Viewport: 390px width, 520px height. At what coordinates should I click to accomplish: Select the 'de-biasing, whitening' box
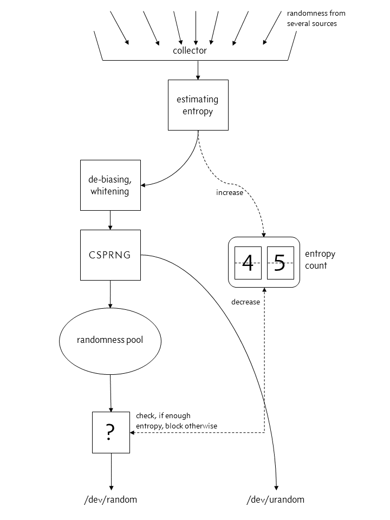(x=110, y=185)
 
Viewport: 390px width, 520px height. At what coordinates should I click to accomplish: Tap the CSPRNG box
(x=110, y=255)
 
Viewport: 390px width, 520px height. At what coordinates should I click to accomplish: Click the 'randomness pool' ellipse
(x=110, y=340)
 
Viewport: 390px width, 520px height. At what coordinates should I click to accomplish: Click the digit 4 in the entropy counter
(x=248, y=263)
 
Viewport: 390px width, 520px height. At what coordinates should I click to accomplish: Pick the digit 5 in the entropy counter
(x=280, y=263)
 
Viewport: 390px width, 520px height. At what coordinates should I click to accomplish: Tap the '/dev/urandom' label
(x=275, y=499)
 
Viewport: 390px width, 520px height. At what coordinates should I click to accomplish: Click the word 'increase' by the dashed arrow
(x=230, y=192)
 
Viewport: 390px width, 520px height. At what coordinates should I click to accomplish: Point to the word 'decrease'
(x=245, y=302)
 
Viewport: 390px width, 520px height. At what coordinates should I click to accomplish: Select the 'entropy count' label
(x=320, y=259)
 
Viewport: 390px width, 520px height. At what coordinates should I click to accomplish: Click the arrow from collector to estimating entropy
(x=198, y=70)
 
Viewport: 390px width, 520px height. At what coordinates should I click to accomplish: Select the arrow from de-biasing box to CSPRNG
(x=110, y=219)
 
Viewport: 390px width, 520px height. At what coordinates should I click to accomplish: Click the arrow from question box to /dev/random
(x=111, y=470)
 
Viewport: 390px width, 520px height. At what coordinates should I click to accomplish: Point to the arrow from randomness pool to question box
(x=110, y=392)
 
